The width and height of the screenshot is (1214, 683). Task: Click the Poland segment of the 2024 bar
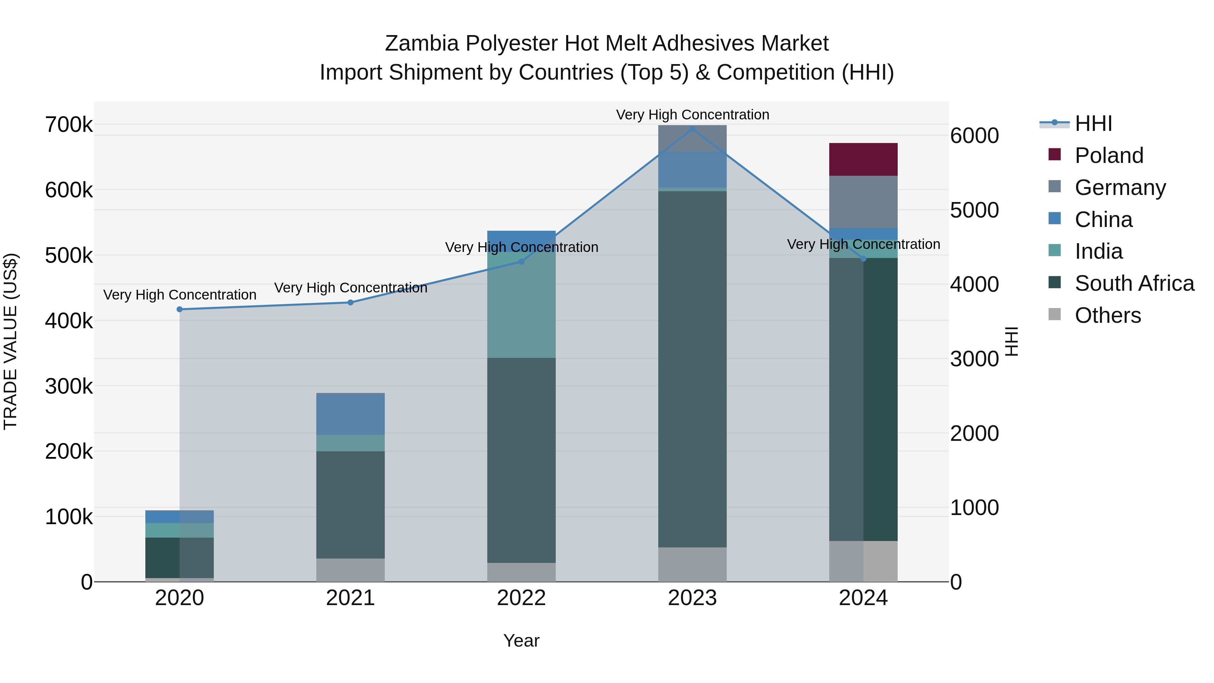(x=863, y=159)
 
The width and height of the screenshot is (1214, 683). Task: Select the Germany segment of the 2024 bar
(x=863, y=202)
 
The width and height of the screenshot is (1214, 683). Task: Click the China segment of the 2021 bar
(x=350, y=414)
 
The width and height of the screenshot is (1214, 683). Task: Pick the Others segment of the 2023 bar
(x=692, y=564)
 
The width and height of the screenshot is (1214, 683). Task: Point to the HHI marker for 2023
(x=692, y=129)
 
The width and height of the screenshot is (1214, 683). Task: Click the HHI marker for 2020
(x=179, y=309)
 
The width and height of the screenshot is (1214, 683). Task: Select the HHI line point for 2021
(x=350, y=303)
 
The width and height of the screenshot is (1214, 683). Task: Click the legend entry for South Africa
(x=1134, y=283)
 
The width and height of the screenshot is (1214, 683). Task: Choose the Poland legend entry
(x=1108, y=155)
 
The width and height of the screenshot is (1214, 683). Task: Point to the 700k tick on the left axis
(x=69, y=125)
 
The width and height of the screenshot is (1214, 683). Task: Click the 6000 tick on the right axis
(x=974, y=136)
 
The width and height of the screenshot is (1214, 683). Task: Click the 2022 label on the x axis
(x=521, y=598)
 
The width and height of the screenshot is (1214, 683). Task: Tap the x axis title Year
(x=521, y=641)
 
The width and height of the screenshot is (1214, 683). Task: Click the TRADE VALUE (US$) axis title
(x=10, y=341)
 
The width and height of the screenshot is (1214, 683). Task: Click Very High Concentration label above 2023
(x=692, y=115)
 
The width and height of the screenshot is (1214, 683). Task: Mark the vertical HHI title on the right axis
(x=1012, y=341)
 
